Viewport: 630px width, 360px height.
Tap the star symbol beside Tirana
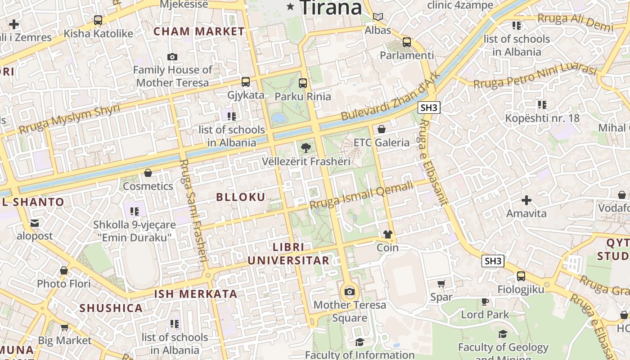pos(291,7)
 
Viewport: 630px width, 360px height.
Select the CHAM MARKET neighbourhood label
pos(199,31)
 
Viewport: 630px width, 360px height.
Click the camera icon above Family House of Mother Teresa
pos(172,57)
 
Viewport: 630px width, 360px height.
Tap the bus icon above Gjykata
pos(245,81)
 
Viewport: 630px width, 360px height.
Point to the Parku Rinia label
pos(302,96)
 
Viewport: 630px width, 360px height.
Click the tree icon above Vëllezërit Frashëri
pos(306,148)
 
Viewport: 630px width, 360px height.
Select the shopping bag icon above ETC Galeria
pos(382,130)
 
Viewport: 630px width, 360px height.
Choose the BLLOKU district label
pos(241,197)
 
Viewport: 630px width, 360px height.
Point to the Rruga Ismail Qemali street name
pos(361,195)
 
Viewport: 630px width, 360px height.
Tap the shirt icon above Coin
pos(387,234)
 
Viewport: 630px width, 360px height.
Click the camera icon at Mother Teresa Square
pos(349,292)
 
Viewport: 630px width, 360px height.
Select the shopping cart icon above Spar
pos(441,283)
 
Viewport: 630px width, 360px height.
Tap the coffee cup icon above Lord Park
pos(485,301)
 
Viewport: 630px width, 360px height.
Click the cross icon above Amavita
pos(526,200)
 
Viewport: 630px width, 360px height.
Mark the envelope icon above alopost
pos(35,223)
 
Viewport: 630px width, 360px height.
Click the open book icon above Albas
pos(378,17)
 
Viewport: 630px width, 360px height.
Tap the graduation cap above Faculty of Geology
pos(503,334)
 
